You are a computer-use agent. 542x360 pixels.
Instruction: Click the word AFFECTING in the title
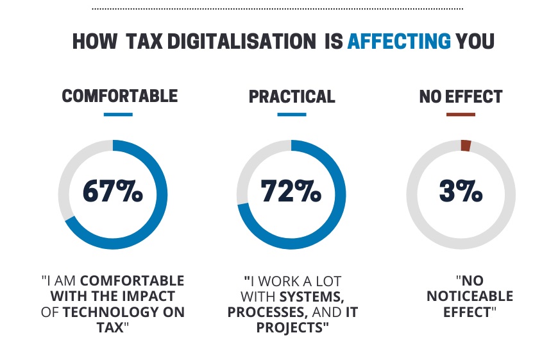[399, 41]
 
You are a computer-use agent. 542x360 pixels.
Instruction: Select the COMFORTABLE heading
[119, 96]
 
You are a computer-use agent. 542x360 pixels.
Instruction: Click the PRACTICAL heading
[292, 96]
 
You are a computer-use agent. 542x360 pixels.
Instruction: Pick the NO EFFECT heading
[461, 96]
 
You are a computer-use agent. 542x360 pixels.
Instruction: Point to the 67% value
[113, 191]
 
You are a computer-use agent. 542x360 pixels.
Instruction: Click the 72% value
[291, 191]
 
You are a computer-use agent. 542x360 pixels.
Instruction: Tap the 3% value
[461, 191]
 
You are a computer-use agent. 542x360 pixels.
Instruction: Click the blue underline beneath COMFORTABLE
[118, 114]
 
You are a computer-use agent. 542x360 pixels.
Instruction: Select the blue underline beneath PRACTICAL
[292, 114]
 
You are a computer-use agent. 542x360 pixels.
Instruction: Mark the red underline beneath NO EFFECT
[461, 114]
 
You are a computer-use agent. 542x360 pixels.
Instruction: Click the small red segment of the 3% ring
[466, 146]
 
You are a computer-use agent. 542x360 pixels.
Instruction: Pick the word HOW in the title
[95, 41]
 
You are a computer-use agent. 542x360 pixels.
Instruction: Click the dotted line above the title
[277, 9]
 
